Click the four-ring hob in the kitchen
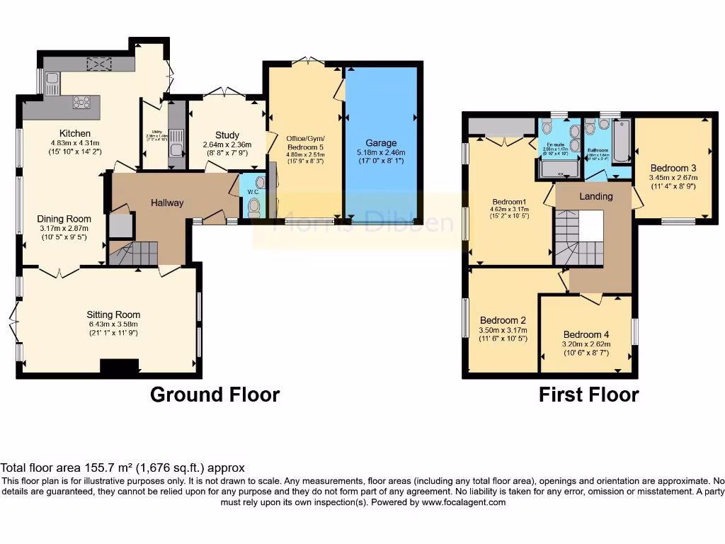pyautogui.click(x=81, y=103)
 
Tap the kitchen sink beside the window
pyautogui.click(x=52, y=84)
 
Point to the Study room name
pyautogui.click(x=227, y=135)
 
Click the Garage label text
pyautogui.click(x=381, y=143)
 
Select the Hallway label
pyautogui.click(x=167, y=203)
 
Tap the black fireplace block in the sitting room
pyautogui.click(x=119, y=366)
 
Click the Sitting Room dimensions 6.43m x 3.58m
pyautogui.click(x=113, y=324)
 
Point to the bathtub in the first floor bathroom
pyautogui.click(x=621, y=140)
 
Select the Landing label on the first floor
pyautogui.click(x=595, y=196)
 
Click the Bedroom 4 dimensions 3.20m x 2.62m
pyautogui.click(x=586, y=345)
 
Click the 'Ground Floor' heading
pyautogui.click(x=215, y=395)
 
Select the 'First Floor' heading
pyautogui.click(x=588, y=395)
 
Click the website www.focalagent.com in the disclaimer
pyautogui.click(x=464, y=502)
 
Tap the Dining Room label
pyautogui.click(x=64, y=219)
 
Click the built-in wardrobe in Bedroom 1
pyautogui.click(x=501, y=126)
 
